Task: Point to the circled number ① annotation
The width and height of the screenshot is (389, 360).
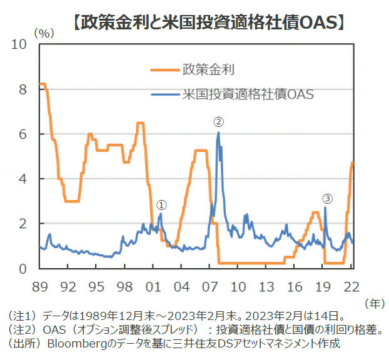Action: (x=161, y=204)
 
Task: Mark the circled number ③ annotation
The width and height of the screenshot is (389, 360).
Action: (x=328, y=198)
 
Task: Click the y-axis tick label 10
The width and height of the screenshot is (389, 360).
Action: (x=19, y=45)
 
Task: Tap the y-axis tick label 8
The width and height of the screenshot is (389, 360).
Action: (x=23, y=90)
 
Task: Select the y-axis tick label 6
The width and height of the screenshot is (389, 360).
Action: (x=23, y=134)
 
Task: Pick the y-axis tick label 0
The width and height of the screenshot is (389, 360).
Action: (x=23, y=269)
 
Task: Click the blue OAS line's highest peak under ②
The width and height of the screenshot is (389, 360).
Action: (x=218, y=133)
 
